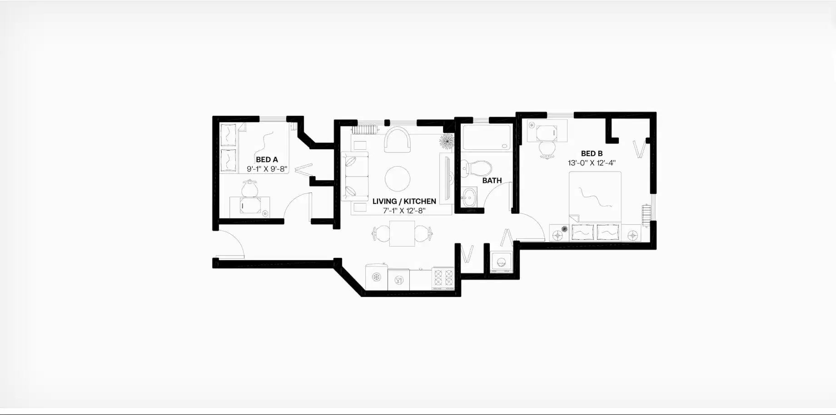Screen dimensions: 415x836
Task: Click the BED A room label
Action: coord(267,159)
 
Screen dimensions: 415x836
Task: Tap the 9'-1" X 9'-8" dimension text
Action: coord(267,169)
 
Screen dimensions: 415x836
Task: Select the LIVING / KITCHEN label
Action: coord(404,201)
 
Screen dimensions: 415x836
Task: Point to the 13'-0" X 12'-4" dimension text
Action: coord(592,163)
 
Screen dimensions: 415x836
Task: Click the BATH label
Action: coord(492,180)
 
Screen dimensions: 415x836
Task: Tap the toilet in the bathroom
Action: coord(477,168)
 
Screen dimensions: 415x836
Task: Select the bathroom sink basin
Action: coord(469,198)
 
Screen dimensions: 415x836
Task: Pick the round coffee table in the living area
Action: coord(398,178)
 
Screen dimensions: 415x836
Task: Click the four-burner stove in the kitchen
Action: coord(443,278)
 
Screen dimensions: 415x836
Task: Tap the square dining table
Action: coord(402,234)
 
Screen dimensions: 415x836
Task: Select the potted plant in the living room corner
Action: coord(446,141)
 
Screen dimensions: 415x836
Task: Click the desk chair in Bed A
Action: coord(249,188)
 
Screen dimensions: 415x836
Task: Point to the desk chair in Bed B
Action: coord(547,148)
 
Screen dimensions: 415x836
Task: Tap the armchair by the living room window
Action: coord(398,139)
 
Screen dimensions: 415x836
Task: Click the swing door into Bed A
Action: coord(298,207)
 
